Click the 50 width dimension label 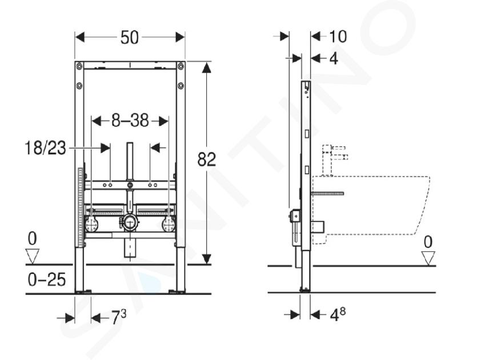129,38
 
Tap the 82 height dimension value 207,159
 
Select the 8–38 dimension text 130,121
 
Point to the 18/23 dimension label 45,148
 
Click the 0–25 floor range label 46,279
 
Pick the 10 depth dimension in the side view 338,37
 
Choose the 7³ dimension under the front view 118,317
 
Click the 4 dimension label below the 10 334,58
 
